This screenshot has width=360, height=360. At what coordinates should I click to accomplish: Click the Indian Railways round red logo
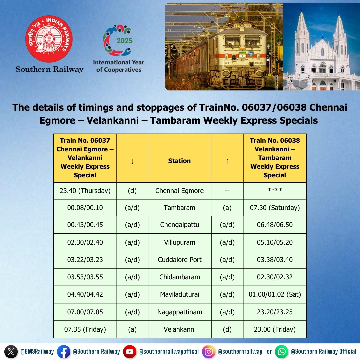[x=49, y=39]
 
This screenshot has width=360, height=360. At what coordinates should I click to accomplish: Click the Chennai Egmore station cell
[x=179, y=191]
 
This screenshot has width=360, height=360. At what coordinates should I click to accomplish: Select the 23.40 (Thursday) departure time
[x=85, y=191]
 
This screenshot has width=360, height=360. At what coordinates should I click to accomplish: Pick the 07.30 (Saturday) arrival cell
[x=275, y=208]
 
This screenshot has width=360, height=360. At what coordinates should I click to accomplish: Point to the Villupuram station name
[x=179, y=242]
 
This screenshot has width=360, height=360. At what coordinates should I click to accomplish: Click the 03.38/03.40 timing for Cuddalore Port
[x=275, y=260]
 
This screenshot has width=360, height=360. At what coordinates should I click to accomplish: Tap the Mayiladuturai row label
[x=179, y=295]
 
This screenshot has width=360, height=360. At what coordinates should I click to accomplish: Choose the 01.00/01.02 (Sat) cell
[x=275, y=295]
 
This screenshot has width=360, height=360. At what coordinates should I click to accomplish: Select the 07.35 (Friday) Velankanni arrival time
[x=85, y=329]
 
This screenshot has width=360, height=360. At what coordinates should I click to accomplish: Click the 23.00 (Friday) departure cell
[x=275, y=329]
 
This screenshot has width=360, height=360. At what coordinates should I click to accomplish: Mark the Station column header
[x=179, y=161]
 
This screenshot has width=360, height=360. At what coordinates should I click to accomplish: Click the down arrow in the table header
[x=132, y=161]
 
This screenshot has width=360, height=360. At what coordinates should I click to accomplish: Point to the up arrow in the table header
[x=227, y=161]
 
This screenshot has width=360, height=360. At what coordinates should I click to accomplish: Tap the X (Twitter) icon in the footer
[x=11, y=352]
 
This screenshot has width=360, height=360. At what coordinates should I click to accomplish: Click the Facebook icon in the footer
[x=63, y=352]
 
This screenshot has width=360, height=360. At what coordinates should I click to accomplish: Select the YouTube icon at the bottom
[x=129, y=352]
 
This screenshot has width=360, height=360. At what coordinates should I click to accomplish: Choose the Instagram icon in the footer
[x=209, y=352]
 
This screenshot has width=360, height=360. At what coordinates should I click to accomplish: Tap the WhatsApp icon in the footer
[x=282, y=352]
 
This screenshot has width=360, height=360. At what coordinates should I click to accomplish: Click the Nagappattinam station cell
[x=179, y=312]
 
